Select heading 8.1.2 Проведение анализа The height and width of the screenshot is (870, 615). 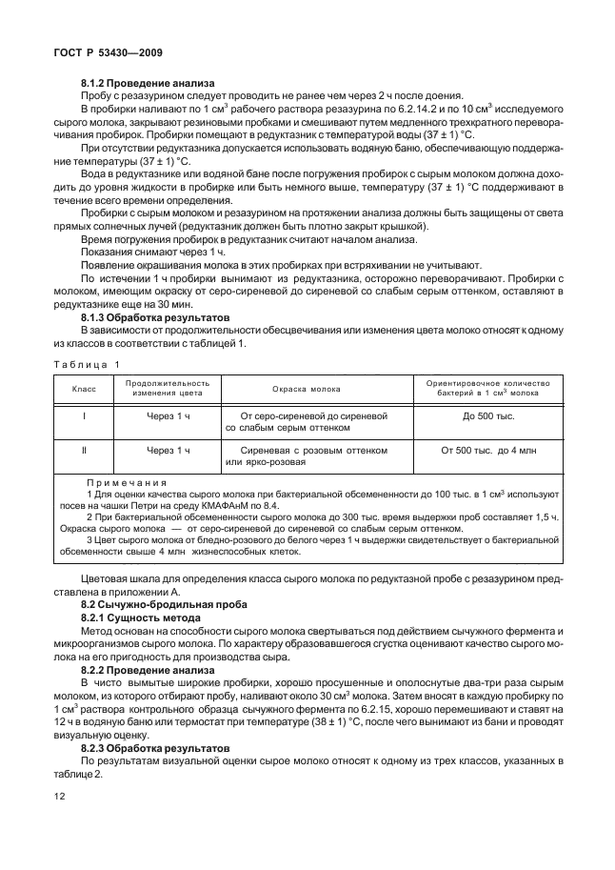pos(148,83)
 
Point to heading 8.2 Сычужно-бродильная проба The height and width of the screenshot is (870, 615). pos(150,605)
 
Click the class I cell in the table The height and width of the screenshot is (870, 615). pos(86,417)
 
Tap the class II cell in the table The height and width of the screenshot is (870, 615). pos(86,450)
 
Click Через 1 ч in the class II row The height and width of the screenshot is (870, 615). pos(168,450)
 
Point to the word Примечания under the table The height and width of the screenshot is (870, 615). pos(126,483)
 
